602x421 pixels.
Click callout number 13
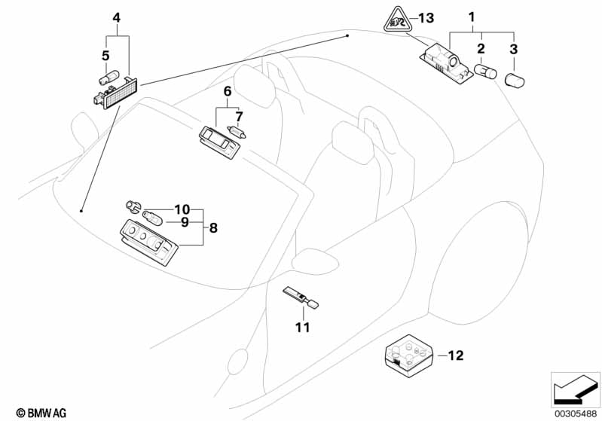click(x=426, y=18)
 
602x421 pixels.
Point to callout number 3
click(x=515, y=49)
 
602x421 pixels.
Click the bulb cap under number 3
click(x=516, y=81)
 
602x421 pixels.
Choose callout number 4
click(x=116, y=17)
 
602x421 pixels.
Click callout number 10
click(x=182, y=209)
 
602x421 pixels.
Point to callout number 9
click(x=182, y=222)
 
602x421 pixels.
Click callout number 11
click(x=302, y=328)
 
